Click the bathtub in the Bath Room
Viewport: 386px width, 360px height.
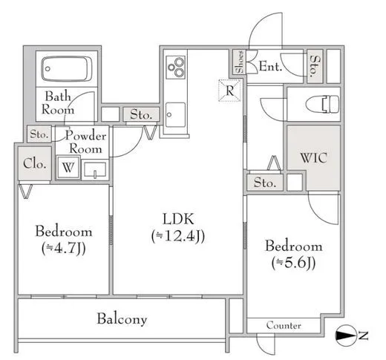(67, 69)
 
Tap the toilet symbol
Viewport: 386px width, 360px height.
(322, 104)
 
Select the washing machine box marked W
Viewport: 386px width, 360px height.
(68, 167)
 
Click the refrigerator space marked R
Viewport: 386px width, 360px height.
(229, 91)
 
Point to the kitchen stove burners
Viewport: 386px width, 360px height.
(176, 67)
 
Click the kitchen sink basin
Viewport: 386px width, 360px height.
(175, 114)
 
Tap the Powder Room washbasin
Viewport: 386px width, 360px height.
(95, 170)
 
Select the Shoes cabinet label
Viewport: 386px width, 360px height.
(239, 62)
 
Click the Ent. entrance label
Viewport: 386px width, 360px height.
(270, 66)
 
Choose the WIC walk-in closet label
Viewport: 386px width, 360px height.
(313, 158)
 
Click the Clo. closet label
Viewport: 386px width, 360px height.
(35, 163)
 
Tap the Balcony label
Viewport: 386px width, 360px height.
(122, 318)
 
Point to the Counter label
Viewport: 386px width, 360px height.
(284, 325)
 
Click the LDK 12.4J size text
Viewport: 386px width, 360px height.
(178, 236)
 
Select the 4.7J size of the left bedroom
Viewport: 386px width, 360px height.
(64, 249)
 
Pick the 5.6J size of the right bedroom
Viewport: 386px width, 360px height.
(293, 263)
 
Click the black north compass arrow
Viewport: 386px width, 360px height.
(344, 336)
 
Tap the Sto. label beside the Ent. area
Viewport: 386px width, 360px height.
(315, 66)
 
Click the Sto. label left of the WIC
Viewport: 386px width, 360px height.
(265, 183)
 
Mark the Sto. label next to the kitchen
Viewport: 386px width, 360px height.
(141, 114)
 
